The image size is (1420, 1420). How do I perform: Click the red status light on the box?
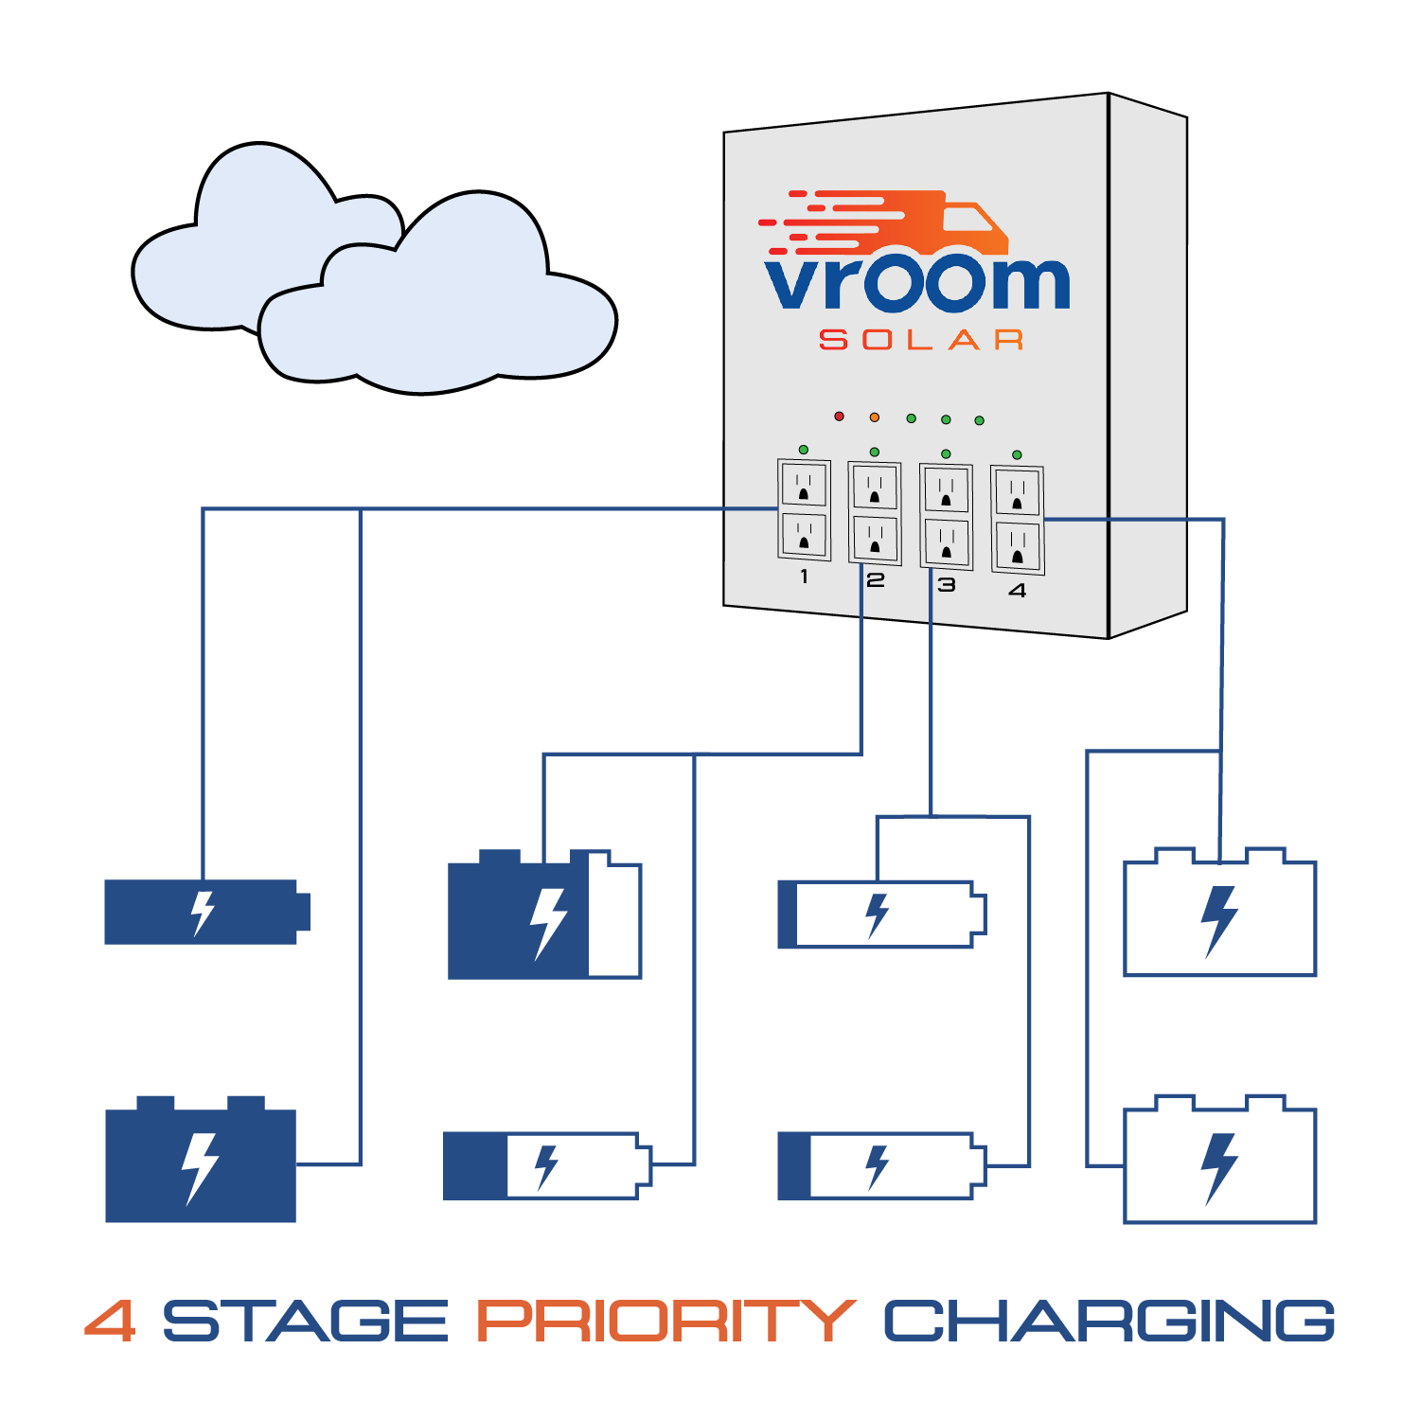tap(839, 417)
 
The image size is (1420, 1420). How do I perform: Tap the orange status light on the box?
tap(875, 417)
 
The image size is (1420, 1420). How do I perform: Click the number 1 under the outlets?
tap(804, 577)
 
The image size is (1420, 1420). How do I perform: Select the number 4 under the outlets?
tap(1018, 591)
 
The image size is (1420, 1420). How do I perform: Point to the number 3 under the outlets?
tap(947, 585)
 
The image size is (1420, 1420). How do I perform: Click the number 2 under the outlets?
tap(876, 580)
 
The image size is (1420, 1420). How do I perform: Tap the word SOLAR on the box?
tap(921, 340)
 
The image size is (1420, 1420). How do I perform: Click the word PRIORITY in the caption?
tap(666, 1321)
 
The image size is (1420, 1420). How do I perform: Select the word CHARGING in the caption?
tap(1109, 1321)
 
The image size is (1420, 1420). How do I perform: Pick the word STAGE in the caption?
tap(305, 1321)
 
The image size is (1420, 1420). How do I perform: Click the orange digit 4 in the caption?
tap(110, 1321)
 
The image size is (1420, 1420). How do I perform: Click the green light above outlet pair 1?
tap(804, 450)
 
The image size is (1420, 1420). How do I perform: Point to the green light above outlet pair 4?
tap(1017, 455)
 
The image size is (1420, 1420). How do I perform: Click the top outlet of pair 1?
tap(804, 486)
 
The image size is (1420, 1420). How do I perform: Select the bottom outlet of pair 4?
tap(1018, 546)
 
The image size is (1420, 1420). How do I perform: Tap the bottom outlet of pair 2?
tap(875, 538)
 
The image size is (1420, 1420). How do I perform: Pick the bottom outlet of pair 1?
tap(804, 535)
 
